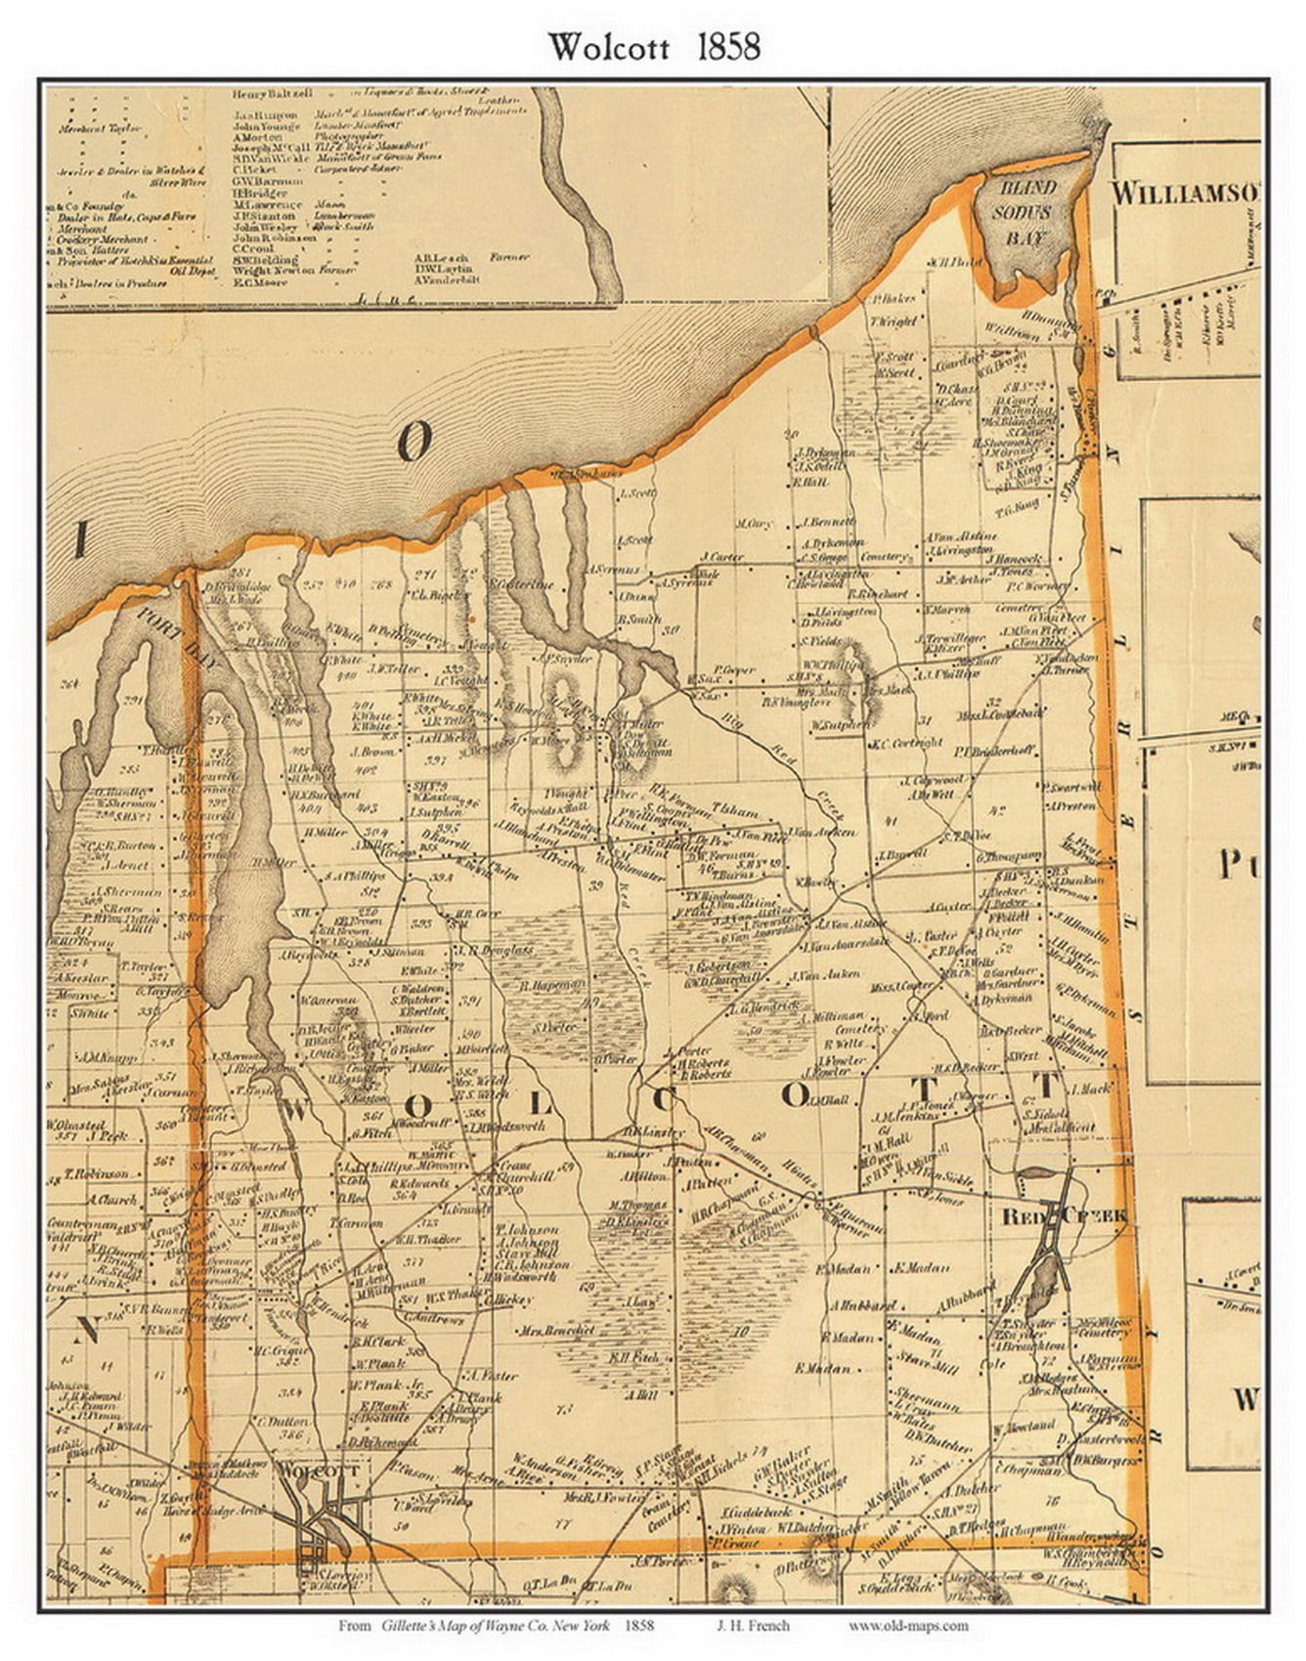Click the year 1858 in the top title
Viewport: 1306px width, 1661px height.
(727, 47)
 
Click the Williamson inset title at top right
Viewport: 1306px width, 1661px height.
(1184, 192)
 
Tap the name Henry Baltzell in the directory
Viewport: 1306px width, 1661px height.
(273, 94)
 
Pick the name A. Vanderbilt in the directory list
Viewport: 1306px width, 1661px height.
(445, 279)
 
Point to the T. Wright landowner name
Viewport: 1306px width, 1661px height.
(892, 320)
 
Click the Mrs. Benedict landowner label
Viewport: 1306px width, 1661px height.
(558, 1330)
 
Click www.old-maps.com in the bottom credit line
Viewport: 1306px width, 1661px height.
(907, 1625)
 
